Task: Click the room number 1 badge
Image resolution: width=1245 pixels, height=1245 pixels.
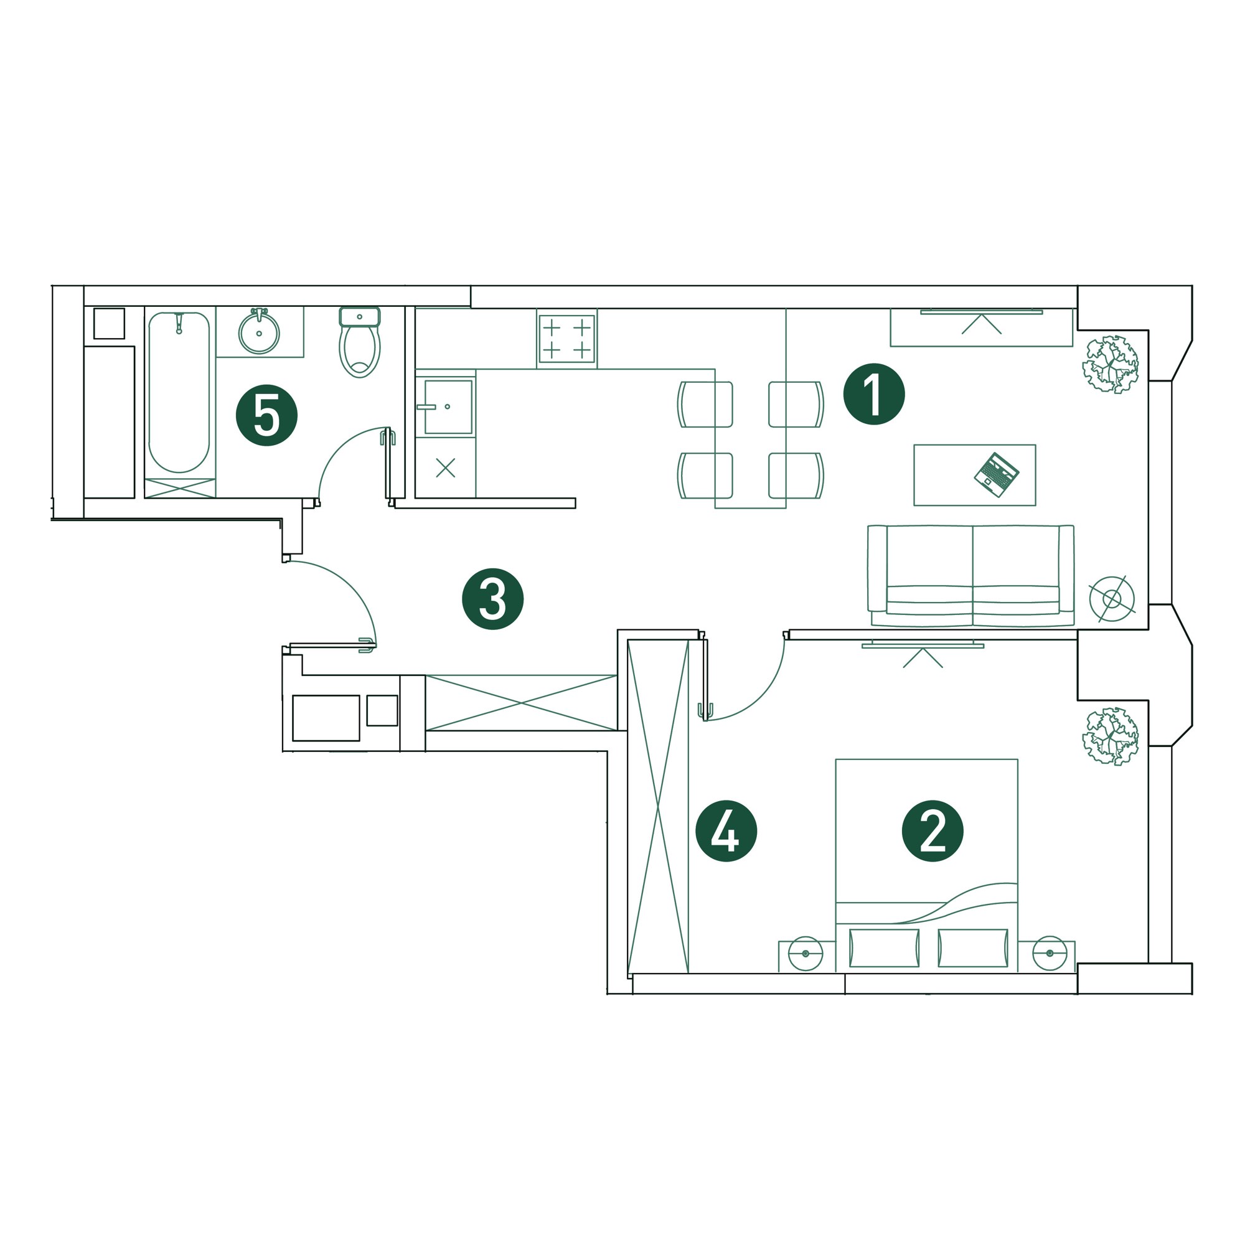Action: (874, 394)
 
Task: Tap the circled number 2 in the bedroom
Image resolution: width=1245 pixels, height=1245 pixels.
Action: (932, 831)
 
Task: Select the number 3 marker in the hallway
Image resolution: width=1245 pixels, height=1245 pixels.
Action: (492, 599)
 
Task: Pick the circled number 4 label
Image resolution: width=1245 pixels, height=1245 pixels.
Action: (726, 831)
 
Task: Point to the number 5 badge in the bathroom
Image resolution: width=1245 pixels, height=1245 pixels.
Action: (267, 415)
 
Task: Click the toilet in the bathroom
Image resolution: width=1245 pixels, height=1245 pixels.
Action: (360, 342)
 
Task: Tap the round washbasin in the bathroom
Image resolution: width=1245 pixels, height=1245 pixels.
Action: (259, 332)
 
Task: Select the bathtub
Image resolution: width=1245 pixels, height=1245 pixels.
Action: (179, 392)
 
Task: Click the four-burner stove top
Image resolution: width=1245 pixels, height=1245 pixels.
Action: (567, 339)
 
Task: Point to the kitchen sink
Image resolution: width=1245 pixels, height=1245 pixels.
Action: (448, 407)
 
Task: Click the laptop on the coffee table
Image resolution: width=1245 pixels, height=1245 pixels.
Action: (996, 475)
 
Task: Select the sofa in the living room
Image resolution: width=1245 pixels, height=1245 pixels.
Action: (970, 575)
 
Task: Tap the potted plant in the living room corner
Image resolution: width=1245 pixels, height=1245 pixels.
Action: (1111, 365)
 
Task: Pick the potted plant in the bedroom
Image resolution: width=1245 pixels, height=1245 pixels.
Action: (1111, 736)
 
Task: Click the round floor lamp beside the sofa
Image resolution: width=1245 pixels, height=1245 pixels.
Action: (1112, 599)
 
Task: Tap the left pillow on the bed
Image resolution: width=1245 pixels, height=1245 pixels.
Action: (884, 949)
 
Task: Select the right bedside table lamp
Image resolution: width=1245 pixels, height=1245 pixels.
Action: (1050, 953)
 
